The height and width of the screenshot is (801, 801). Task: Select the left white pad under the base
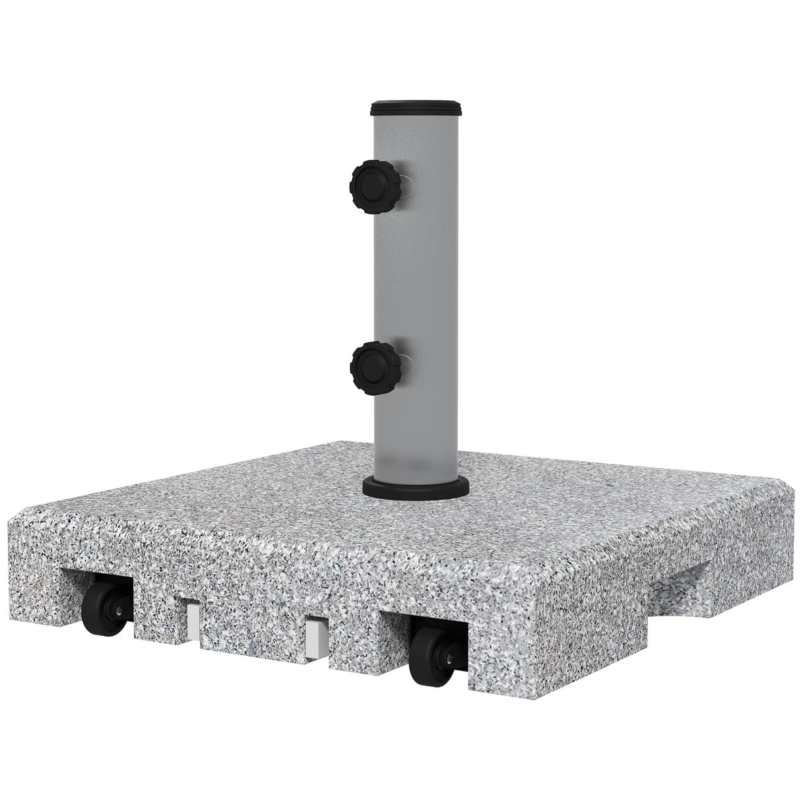tap(193, 618)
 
